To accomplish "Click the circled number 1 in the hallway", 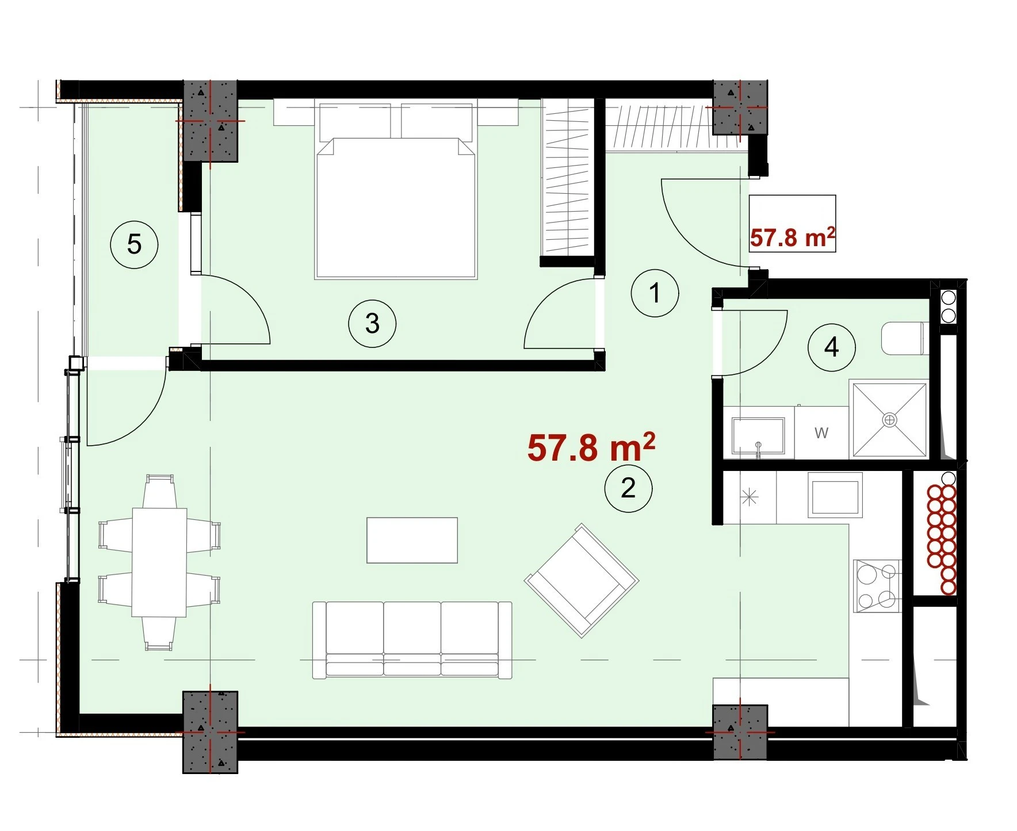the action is tap(655, 293).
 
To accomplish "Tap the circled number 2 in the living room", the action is tap(628, 489).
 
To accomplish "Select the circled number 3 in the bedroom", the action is tap(372, 324).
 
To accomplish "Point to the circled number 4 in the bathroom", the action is tap(831, 347).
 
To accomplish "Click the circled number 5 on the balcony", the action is tap(134, 245).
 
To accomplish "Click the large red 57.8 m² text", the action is tap(591, 448).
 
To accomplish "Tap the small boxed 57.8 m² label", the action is tap(792, 237).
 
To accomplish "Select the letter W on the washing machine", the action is tap(821, 432).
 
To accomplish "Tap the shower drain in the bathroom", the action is tap(890, 420).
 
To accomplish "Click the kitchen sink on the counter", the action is tap(835, 495).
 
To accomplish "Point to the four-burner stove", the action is tap(877, 585).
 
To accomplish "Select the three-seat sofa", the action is tap(412, 639).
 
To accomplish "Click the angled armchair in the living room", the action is tap(582, 580).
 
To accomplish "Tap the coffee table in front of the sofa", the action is tap(412, 540).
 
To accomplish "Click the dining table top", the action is tap(159, 562).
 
